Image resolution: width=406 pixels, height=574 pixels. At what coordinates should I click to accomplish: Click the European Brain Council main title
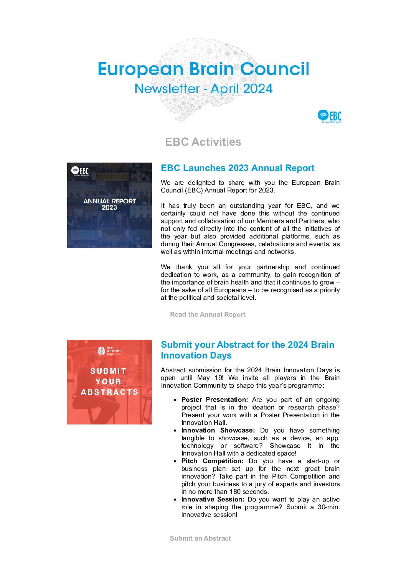(203, 69)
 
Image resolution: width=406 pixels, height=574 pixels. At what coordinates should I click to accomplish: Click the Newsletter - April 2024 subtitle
(203, 89)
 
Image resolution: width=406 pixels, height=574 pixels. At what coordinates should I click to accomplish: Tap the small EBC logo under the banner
(329, 116)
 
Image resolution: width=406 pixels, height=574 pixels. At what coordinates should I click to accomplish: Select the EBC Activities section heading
(203, 142)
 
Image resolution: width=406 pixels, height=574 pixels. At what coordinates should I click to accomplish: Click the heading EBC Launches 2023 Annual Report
(238, 168)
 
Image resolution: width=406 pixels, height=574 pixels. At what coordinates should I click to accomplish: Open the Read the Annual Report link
(208, 314)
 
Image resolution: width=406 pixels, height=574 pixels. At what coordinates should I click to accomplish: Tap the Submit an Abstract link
(200, 538)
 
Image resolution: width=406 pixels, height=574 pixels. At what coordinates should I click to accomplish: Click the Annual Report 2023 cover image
(109, 205)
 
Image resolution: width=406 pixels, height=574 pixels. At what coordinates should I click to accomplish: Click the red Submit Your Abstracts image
(109, 382)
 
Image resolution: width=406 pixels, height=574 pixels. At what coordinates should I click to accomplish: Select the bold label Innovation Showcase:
(218, 430)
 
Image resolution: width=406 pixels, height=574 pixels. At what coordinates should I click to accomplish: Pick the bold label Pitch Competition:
(212, 461)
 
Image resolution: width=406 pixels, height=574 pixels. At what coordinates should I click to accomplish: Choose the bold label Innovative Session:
(213, 499)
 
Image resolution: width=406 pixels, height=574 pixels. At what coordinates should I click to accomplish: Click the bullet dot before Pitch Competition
(175, 461)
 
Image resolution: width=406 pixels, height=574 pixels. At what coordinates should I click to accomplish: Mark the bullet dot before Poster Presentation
(175, 400)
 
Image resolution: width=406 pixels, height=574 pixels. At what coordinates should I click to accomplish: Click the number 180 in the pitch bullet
(235, 492)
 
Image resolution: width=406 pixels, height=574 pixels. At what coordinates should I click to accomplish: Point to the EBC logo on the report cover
(80, 171)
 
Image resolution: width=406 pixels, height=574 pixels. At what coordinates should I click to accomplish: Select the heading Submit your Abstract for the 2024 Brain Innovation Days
(247, 350)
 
